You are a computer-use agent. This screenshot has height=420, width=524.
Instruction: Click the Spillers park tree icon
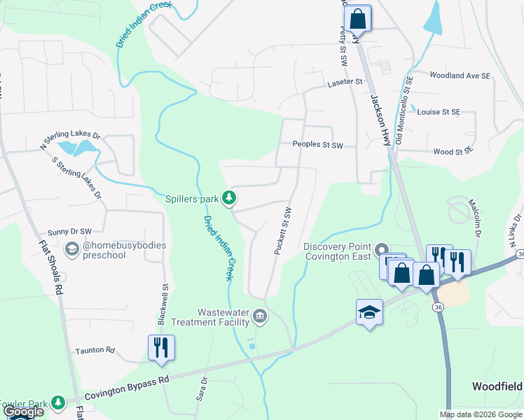[228, 199]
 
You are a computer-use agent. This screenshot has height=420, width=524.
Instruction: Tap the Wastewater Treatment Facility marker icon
[260, 316]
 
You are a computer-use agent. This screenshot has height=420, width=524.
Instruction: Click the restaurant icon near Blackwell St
[161, 346]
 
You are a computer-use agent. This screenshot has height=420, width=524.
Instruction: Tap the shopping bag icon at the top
[358, 18]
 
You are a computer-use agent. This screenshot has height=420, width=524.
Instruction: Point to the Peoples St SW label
[317, 146]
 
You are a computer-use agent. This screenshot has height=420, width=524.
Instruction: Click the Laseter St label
[344, 83]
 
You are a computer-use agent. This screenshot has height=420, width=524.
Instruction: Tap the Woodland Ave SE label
[460, 75]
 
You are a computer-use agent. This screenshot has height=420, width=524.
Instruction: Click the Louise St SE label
[439, 111]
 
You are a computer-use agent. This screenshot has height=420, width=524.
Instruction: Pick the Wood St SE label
[453, 151]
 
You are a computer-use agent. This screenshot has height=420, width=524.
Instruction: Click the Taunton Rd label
[95, 349]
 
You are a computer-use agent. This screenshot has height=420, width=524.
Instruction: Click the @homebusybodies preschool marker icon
[71, 249]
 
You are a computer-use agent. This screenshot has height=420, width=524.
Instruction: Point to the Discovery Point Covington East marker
[381, 249]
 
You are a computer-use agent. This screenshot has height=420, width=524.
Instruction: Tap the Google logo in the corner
[22, 412]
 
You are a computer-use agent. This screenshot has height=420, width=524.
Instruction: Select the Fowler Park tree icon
[59, 402]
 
